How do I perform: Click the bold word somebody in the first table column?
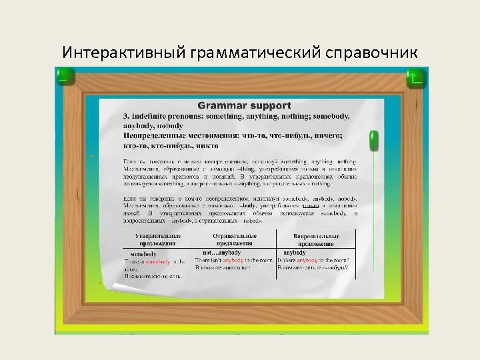[143, 254]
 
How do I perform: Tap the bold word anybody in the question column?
[294, 253]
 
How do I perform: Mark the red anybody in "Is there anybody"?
[311, 260]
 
